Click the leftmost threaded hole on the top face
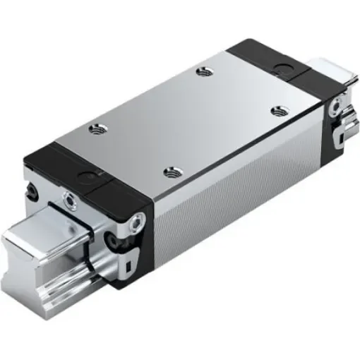pos(95,128)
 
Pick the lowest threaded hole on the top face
pos(169,171)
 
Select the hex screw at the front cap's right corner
pos(136,224)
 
